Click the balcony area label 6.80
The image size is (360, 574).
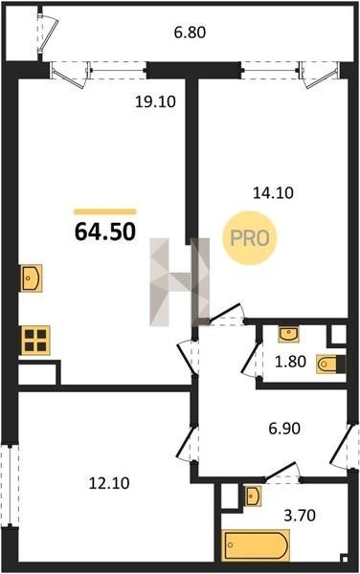coord(190,33)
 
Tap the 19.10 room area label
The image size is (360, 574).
coord(155,101)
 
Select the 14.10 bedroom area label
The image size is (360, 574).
coord(273,192)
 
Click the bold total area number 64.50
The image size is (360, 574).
coord(105,232)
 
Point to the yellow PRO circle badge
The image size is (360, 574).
coord(250,238)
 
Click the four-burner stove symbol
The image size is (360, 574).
coord(35,340)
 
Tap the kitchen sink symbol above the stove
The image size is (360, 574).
coord(32,277)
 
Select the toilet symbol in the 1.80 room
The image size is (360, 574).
coord(331,364)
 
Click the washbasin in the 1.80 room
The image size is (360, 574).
coord(288,334)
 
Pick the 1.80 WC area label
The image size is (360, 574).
coord(290,362)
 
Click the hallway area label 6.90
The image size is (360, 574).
coord(284,428)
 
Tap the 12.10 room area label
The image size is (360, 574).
coord(109,483)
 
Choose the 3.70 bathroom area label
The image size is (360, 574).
coord(300,516)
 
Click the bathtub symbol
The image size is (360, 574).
coord(256,545)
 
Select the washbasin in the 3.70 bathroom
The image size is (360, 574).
coord(253,496)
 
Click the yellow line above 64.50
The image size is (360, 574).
coord(105,211)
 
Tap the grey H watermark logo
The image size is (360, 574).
coord(179,282)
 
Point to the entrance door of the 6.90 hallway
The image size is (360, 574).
coord(345,447)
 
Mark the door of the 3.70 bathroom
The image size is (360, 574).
coord(282,473)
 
